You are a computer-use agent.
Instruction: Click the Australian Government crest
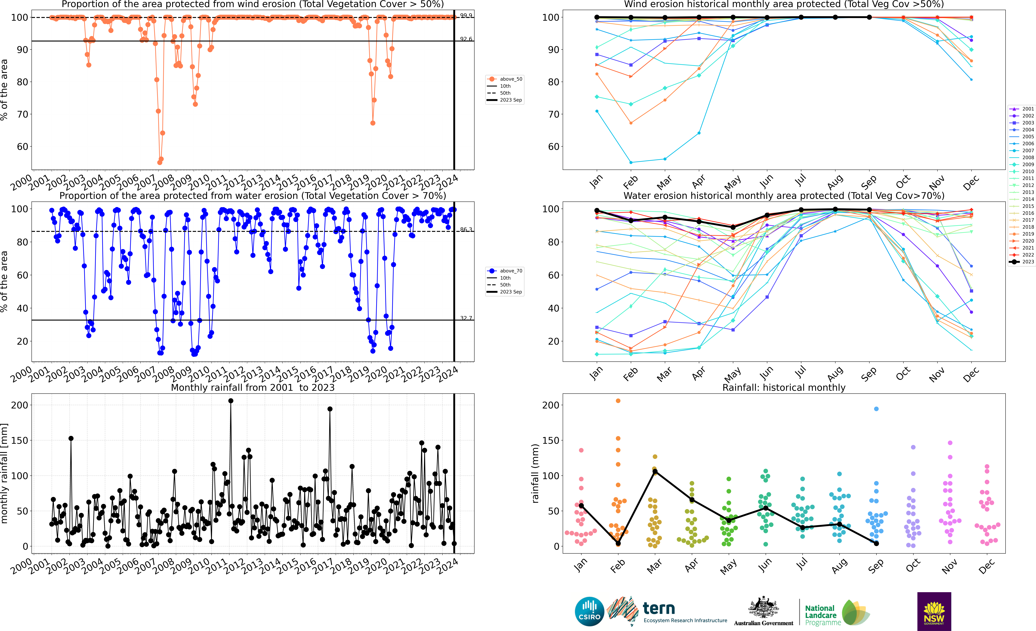click(763, 608)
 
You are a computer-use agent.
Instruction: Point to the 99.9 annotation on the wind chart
click(466, 16)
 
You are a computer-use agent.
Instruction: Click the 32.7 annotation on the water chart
click(466, 318)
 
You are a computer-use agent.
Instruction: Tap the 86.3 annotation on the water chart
click(466, 229)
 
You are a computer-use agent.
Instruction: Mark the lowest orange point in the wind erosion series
click(160, 162)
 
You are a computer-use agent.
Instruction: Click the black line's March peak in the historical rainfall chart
click(655, 472)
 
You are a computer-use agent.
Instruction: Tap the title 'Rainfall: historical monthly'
click(784, 387)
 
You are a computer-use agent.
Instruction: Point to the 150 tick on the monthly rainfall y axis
click(20, 440)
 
